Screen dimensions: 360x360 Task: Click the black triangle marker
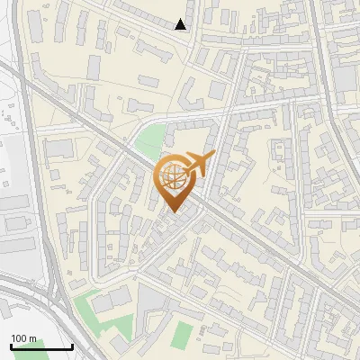[x=181, y=24]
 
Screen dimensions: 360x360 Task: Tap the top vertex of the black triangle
[x=181, y=19]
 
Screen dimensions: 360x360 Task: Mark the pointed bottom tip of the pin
[x=175, y=212]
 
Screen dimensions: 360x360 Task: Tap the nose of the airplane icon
[x=212, y=157]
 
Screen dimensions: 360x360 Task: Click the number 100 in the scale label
[x=19, y=338]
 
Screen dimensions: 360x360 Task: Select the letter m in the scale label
[x=32, y=338]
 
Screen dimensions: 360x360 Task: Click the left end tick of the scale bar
[x=10, y=346]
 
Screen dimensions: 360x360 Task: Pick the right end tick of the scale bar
[x=72, y=346]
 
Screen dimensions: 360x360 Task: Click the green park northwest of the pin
[x=150, y=141]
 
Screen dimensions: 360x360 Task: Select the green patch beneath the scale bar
[x=27, y=355]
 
